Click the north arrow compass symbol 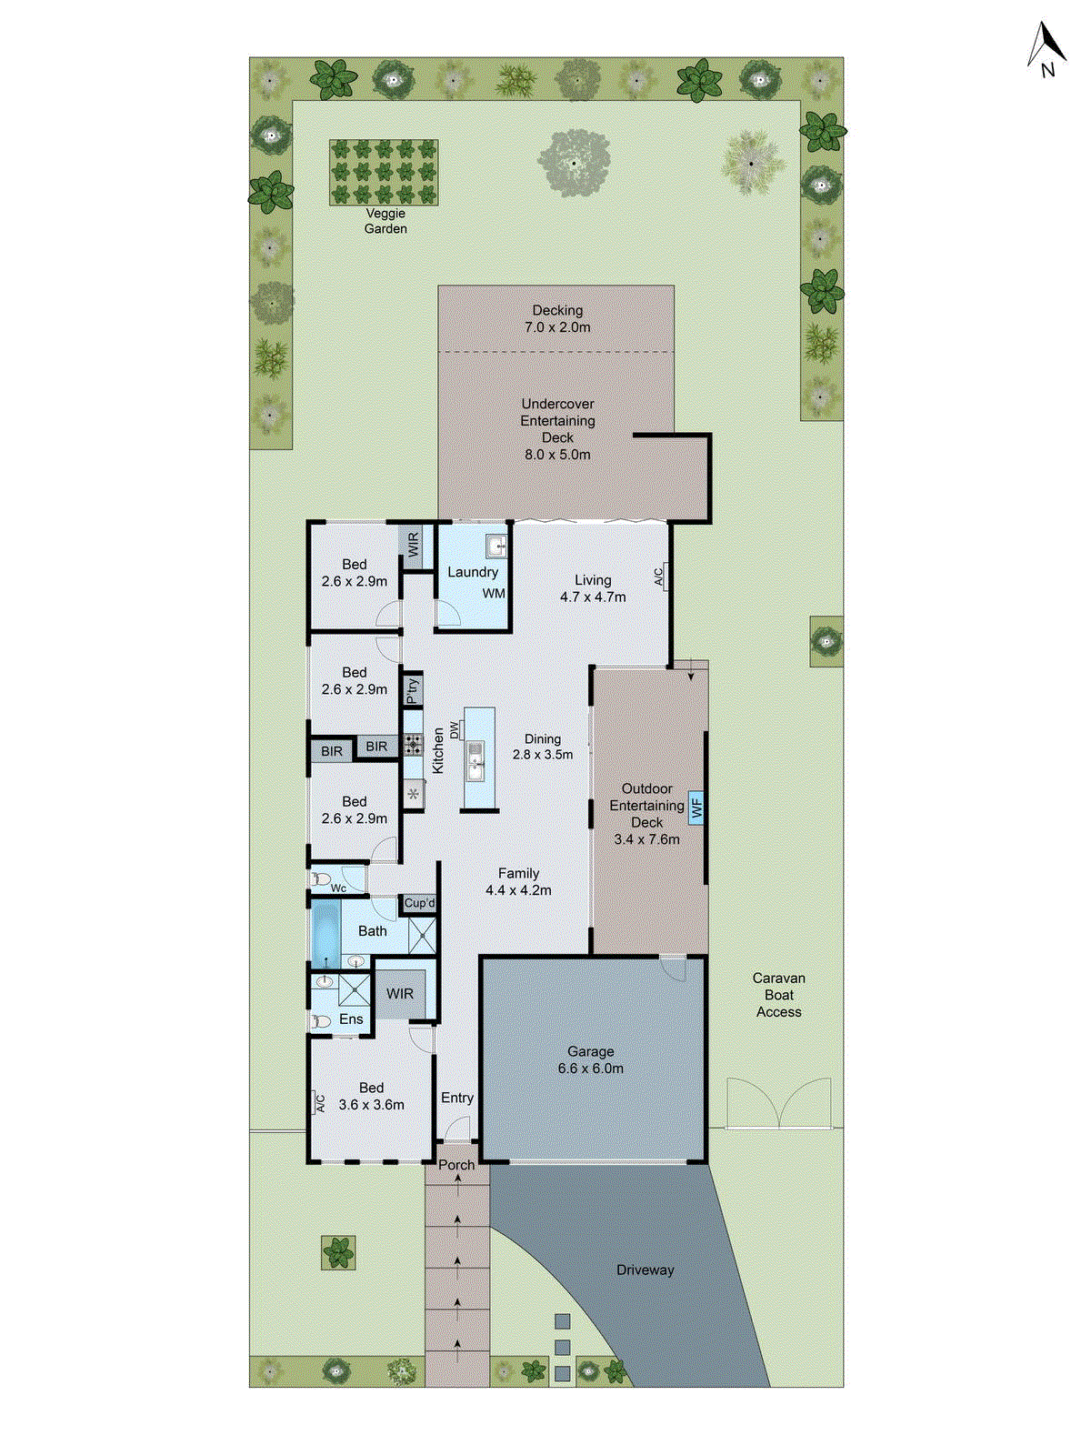coord(1046,50)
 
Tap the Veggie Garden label coord(385,221)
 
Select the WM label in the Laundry coord(494,594)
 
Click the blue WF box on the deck coord(697,807)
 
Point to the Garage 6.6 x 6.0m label coord(591,1060)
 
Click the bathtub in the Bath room coord(325,934)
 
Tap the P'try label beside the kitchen coord(413,690)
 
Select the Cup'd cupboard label coord(419,903)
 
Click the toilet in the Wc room coord(321,879)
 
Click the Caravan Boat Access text coord(778,995)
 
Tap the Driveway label coord(645,1270)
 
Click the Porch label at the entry coord(456,1165)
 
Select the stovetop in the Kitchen coord(414,746)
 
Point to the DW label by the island coord(455,729)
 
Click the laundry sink coord(496,547)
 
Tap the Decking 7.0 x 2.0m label coord(557,319)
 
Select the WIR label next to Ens coord(400,994)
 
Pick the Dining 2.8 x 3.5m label coord(543,747)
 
